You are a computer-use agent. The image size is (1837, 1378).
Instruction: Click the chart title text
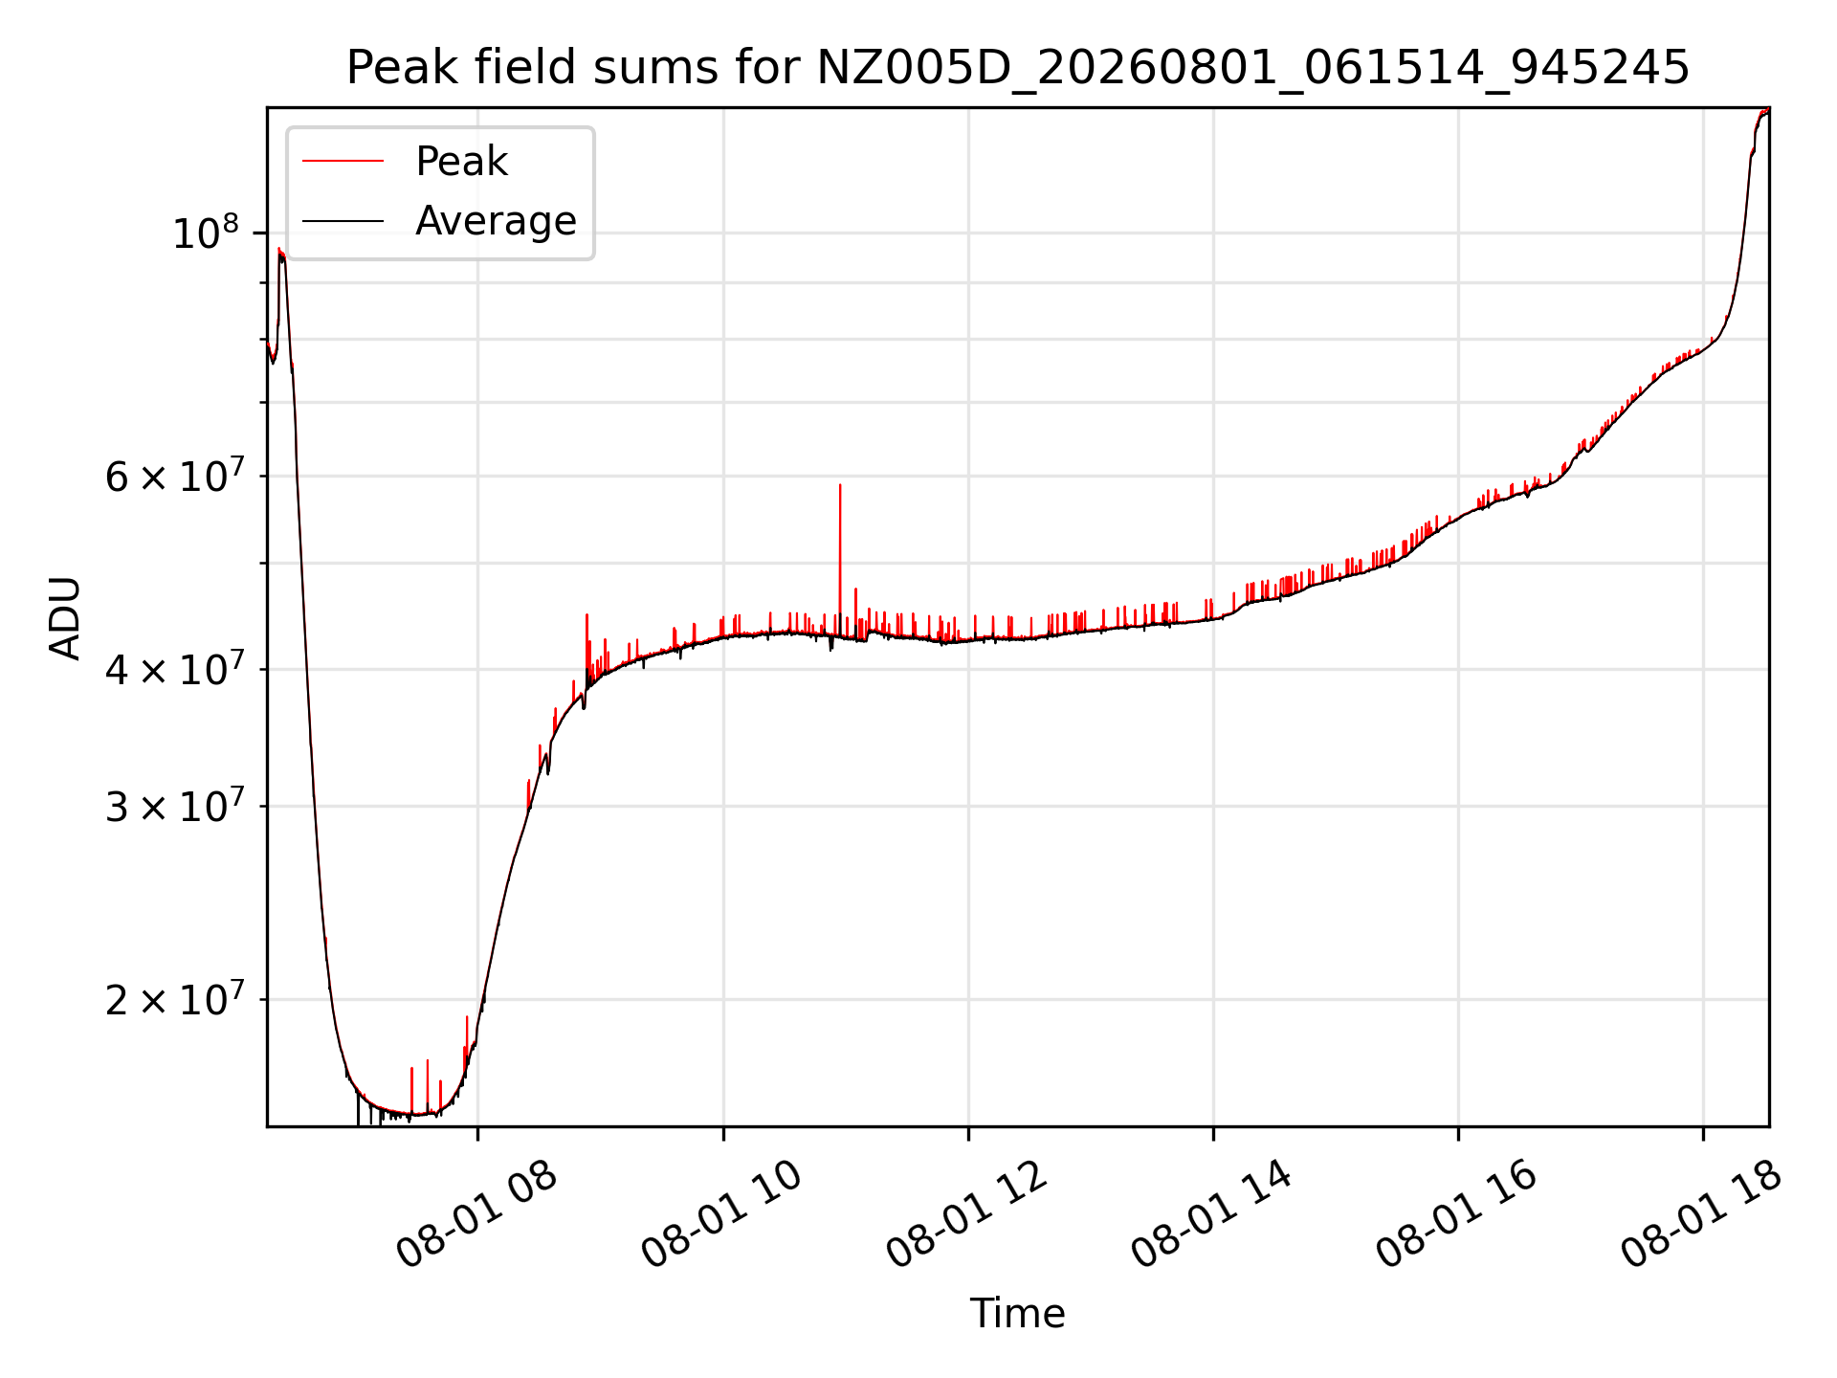[1017, 68]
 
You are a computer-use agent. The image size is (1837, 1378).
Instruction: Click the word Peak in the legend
[461, 162]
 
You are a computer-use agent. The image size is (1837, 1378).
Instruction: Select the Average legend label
[496, 221]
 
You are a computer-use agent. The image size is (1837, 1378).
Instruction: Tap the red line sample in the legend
[343, 162]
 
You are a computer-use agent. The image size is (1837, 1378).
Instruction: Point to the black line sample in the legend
[343, 221]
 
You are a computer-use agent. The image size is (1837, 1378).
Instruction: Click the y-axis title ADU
[65, 617]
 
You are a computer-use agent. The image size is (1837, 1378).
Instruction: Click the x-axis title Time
[1017, 1314]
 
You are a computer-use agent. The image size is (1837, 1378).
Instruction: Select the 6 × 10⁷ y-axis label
[175, 476]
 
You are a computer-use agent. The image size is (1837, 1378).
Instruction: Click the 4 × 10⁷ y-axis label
[175, 669]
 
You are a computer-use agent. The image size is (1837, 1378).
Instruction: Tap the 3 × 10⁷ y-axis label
[175, 807]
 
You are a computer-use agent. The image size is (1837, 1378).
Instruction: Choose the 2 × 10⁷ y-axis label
[175, 1000]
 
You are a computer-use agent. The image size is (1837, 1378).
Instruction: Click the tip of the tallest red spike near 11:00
[840, 484]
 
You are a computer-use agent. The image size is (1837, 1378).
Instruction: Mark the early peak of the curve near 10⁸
[279, 249]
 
